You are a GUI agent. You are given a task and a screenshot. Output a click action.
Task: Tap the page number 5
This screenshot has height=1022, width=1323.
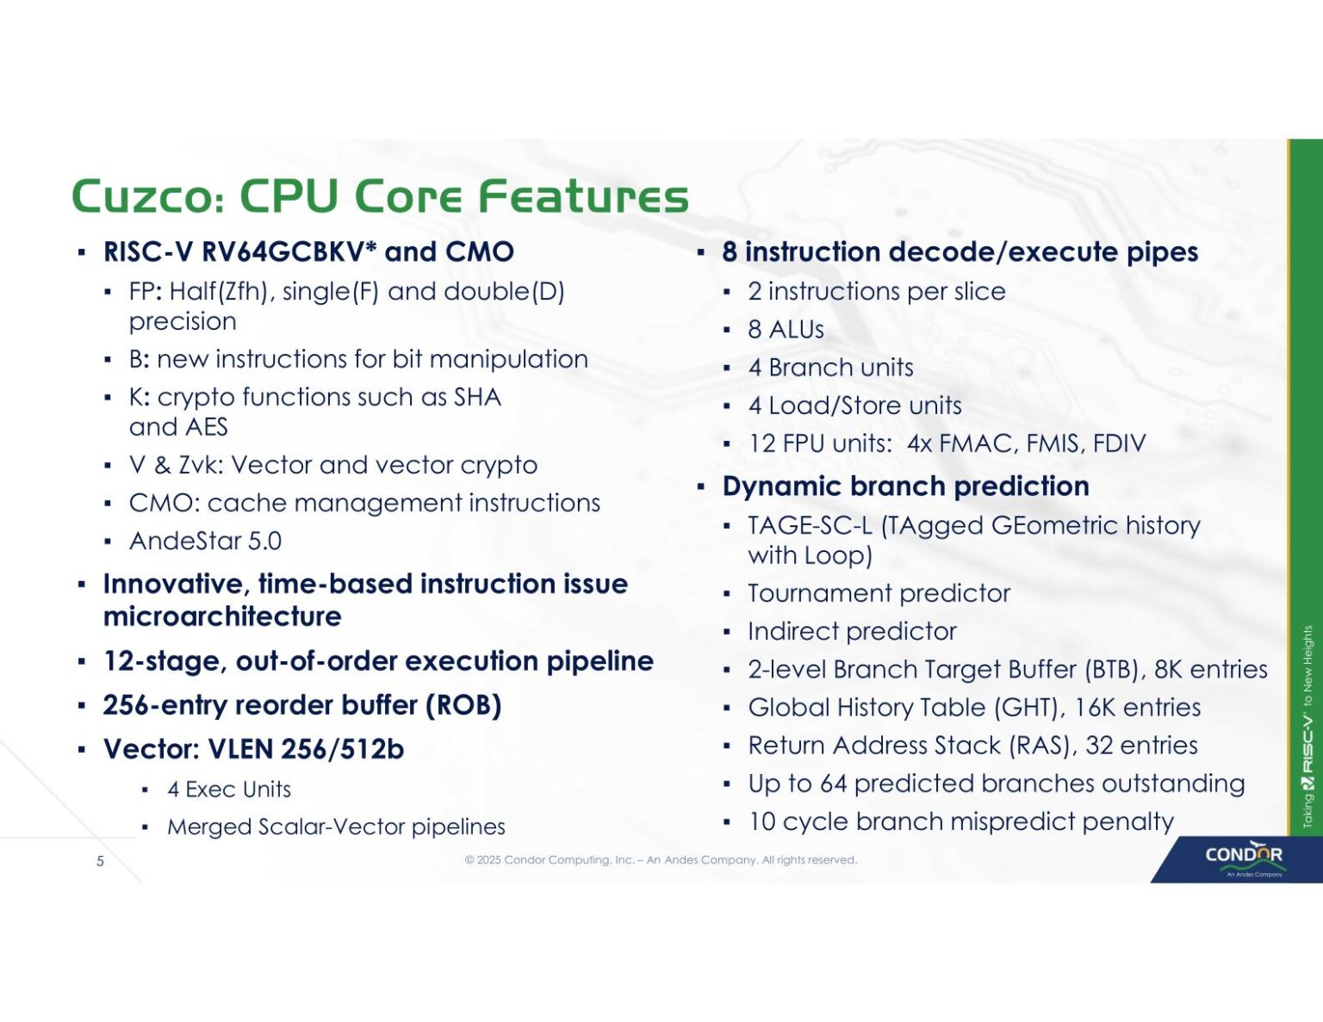coord(100,861)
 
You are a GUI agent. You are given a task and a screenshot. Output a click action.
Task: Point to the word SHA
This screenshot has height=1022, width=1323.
coord(477,397)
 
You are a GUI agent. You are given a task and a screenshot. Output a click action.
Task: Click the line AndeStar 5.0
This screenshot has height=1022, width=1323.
coord(205,542)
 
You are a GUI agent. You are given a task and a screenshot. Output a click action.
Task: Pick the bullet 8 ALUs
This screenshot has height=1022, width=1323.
coord(786,330)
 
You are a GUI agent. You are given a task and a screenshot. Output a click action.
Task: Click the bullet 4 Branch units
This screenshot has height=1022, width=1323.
coord(830,368)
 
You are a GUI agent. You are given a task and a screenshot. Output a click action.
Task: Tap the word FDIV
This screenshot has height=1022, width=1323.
coord(1119,443)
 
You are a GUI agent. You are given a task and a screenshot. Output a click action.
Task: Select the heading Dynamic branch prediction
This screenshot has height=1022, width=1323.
coord(905,486)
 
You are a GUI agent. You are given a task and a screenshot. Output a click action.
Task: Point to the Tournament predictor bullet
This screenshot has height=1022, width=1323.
coord(879,593)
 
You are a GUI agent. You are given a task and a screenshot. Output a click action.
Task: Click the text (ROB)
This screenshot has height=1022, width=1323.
coord(463,705)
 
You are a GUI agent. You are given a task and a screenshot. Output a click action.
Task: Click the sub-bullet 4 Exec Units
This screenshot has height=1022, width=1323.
coord(229,790)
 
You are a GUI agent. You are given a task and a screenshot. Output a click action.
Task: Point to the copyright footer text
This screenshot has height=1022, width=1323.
coord(661,860)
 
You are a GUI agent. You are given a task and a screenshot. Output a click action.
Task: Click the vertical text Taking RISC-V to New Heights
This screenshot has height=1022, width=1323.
coord(1307,728)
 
